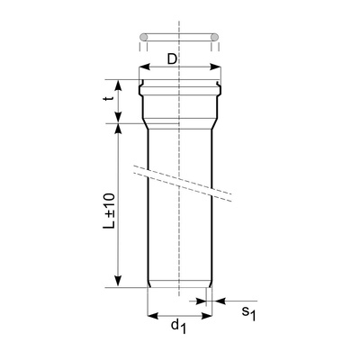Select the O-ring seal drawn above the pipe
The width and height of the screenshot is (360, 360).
[179, 37]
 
